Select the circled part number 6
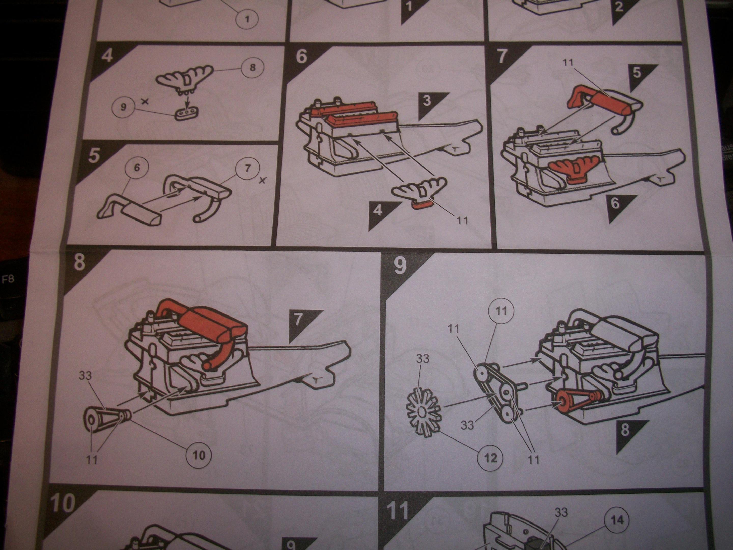(x=136, y=168)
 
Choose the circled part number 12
(x=490, y=458)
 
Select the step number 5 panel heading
(x=94, y=156)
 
